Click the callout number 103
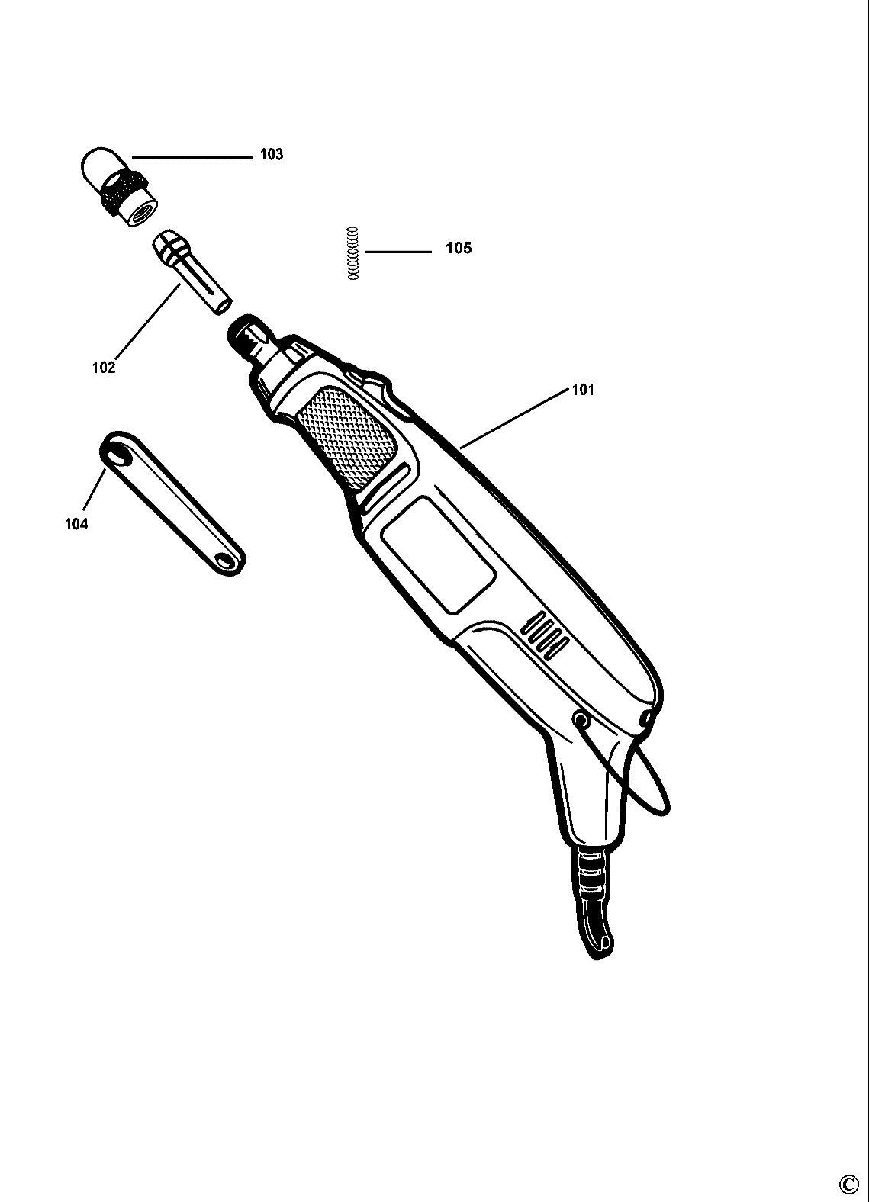[x=272, y=155]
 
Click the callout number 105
[x=459, y=249]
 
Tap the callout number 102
[x=103, y=368]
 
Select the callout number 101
[x=582, y=390]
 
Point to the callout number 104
[x=76, y=524]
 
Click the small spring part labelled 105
[x=352, y=253]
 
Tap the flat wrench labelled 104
[x=173, y=504]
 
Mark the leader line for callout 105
[x=397, y=252]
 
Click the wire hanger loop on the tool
[x=652, y=793]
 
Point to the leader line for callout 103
[x=191, y=158]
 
